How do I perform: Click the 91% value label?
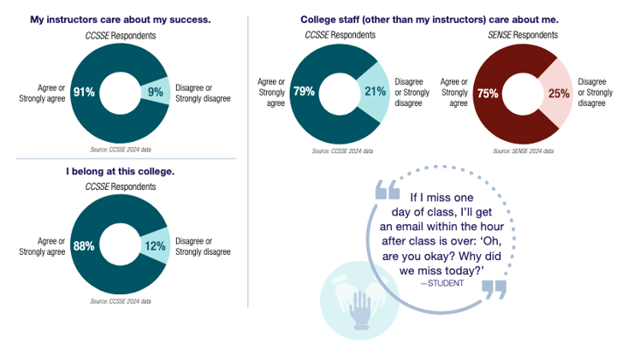click(x=84, y=91)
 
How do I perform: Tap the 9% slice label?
click(x=155, y=91)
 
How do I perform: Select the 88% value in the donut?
click(x=84, y=246)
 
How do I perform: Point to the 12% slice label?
click(x=154, y=246)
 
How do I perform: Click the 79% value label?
click(x=304, y=91)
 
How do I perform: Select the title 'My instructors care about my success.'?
click(x=121, y=18)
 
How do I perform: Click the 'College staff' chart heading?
click(x=429, y=18)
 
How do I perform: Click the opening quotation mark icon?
click(x=388, y=191)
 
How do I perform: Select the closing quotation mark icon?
click(x=494, y=289)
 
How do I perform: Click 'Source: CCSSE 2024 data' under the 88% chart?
click(x=121, y=301)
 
